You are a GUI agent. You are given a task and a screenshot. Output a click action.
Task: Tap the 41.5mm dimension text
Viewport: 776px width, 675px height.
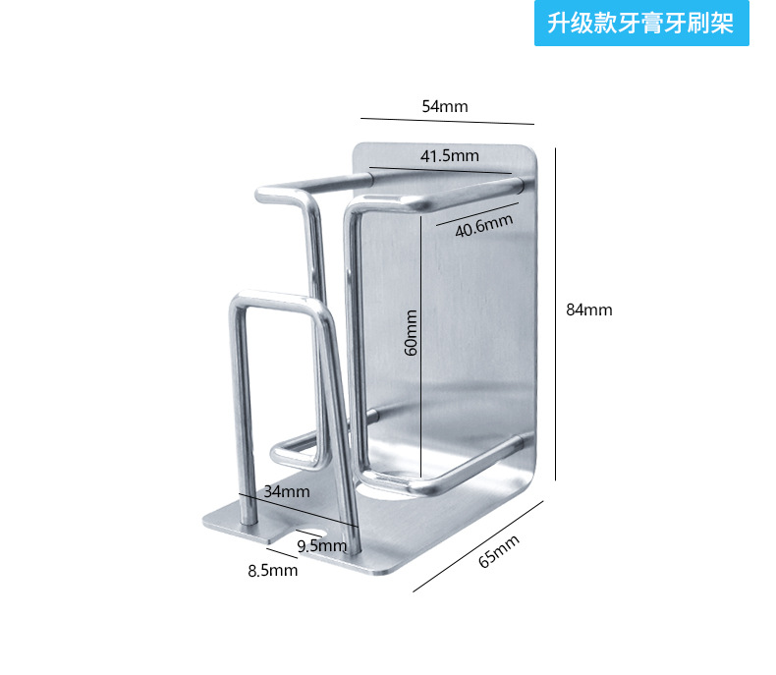pos(449,155)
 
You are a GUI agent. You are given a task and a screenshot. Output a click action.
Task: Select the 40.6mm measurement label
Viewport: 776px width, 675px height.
pos(484,226)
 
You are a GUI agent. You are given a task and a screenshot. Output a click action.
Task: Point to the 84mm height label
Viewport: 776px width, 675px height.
pos(589,309)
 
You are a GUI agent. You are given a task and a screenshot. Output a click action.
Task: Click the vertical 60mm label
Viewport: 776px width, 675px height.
pos(411,333)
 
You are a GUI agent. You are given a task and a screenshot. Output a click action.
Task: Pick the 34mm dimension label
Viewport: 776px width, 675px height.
pos(287,490)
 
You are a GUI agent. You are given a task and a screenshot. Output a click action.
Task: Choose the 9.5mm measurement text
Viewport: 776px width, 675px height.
pos(322,545)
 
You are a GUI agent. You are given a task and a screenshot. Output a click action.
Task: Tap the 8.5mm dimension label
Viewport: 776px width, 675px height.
pos(272,570)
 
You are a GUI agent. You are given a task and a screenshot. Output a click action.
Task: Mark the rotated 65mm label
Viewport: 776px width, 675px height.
pos(498,551)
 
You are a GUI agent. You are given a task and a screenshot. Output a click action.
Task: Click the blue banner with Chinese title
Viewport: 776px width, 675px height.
pos(641,24)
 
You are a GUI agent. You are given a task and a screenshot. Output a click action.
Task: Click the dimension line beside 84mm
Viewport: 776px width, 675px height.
pos(556,314)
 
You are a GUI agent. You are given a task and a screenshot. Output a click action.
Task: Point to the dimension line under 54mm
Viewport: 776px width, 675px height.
pos(447,121)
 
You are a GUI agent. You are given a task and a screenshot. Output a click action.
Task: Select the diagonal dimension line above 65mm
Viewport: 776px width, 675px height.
pos(478,546)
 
